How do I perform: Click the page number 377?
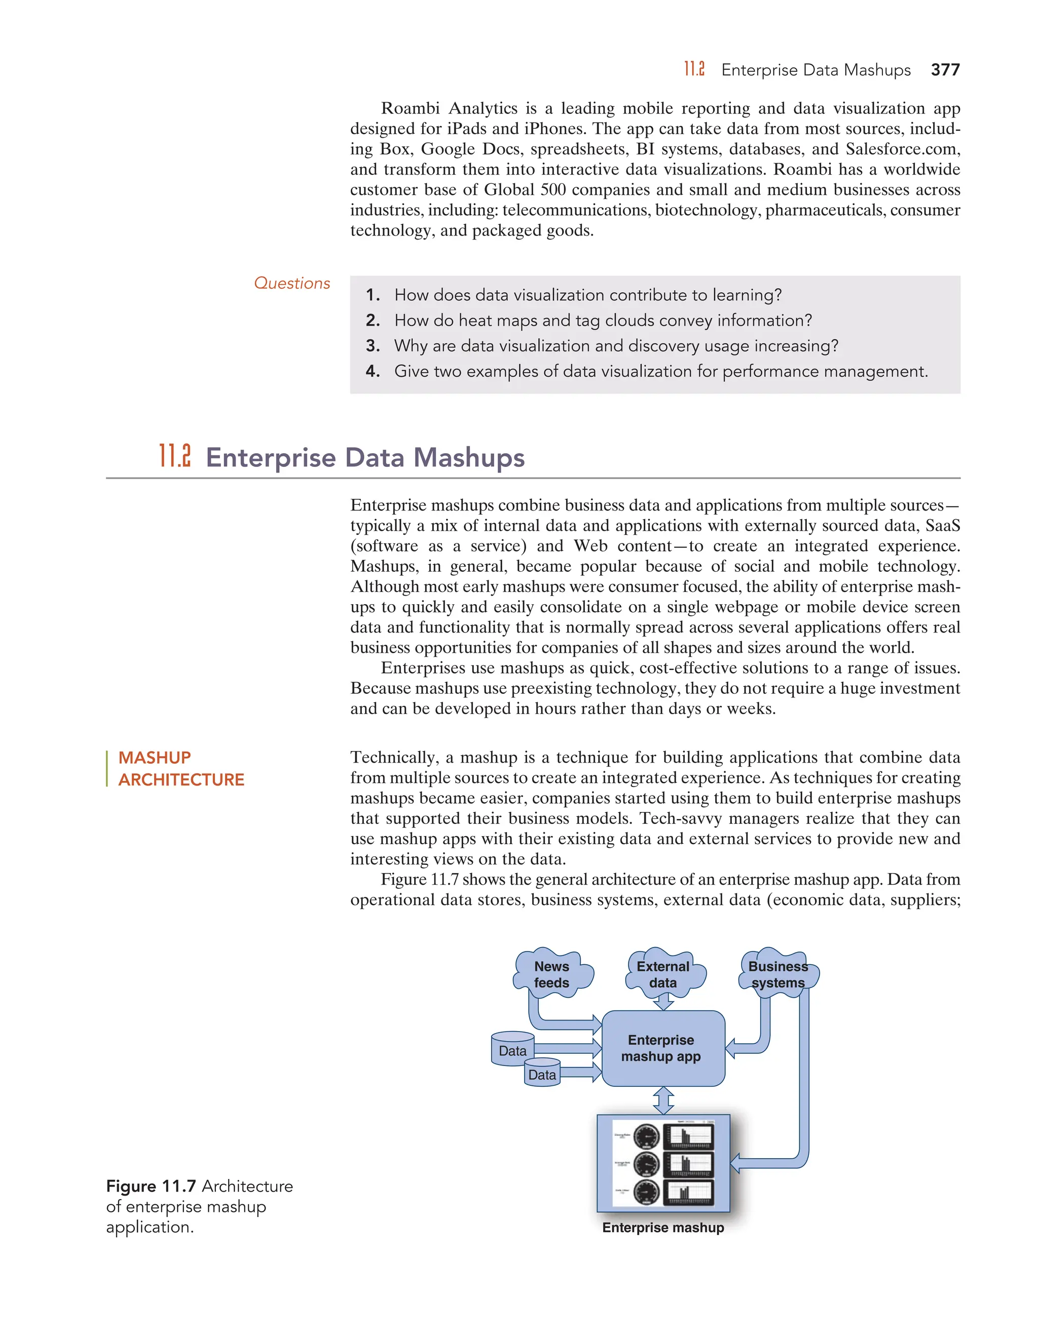pyautogui.click(x=945, y=70)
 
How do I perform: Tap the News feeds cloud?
pyautogui.click(x=551, y=974)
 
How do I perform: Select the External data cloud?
pyautogui.click(x=663, y=974)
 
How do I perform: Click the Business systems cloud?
pyautogui.click(x=778, y=974)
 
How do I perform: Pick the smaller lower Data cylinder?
pyautogui.click(x=542, y=1074)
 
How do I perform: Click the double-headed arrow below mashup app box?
pyautogui.click(x=663, y=1100)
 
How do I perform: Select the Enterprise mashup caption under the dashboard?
pyautogui.click(x=663, y=1227)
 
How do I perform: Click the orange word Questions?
pyautogui.click(x=292, y=283)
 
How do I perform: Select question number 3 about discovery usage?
pyautogui.click(x=615, y=346)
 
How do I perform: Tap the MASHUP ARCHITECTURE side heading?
pyautogui.click(x=181, y=768)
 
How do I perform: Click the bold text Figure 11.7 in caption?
pyautogui.click(x=151, y=1186)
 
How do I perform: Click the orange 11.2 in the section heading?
pyautogui.click(x=175, y=457)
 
